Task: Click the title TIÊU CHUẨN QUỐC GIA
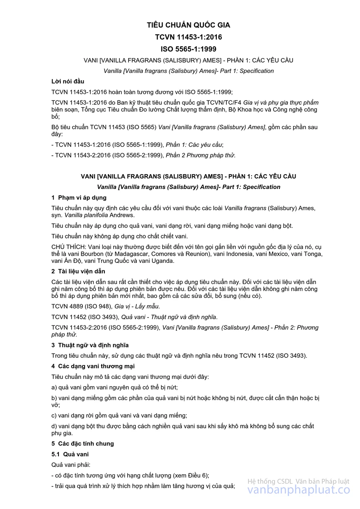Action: click(x=189, y=25)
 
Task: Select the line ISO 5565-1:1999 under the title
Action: click(x=189, y=48)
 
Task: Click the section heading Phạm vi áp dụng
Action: click(x=82, y=198)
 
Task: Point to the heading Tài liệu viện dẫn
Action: click(x=82, y=271)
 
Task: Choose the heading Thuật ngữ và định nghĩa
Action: click(x=93, y=345)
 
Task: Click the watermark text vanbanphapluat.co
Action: click(x=298, y=491)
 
